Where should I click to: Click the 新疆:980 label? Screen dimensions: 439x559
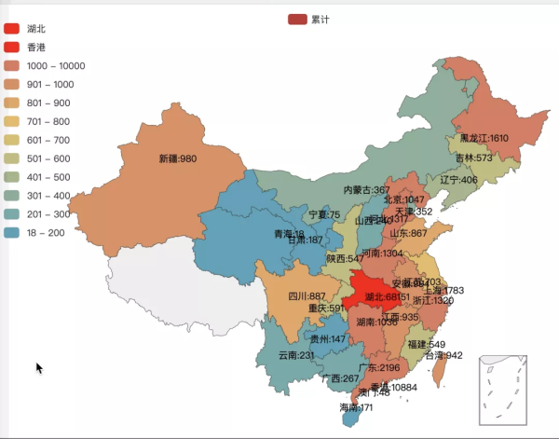(x=177, y=158)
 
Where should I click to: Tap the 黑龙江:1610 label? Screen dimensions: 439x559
(x=484, y=138)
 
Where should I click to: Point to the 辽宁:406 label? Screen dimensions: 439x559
(x=458, y=180)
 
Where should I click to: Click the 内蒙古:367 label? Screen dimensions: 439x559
(x=367, y=189)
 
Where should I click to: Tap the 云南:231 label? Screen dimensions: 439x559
(x=296, y=355)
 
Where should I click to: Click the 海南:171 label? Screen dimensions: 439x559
(x=356, y=407)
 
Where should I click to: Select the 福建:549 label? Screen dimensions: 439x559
(x=426, y=344)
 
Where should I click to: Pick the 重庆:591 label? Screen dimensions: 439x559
(x=324, y=308)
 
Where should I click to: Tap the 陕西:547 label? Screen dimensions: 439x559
(x=345, y=258)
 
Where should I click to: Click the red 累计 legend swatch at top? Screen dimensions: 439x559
(x=297, y=19)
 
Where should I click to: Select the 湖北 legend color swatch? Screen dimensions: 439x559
(x=12, y=29)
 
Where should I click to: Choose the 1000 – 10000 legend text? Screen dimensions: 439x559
(x=56, y=66)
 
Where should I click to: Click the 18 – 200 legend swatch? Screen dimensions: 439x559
(x=12, y=233)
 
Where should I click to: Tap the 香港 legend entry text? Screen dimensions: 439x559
(x=36, y=48)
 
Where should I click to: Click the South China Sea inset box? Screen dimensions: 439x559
(x=504, y=390)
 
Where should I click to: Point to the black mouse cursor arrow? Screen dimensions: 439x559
(x=40, y=368)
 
